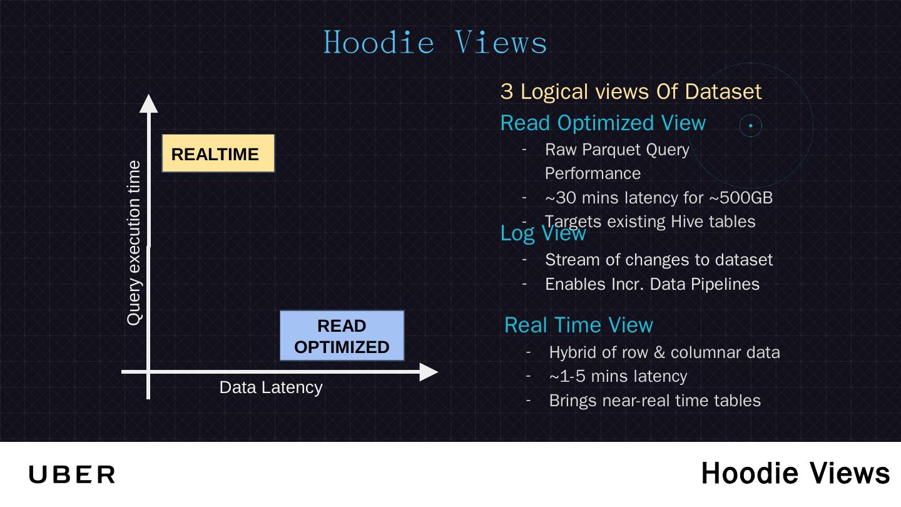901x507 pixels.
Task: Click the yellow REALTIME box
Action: (x=218, y=153)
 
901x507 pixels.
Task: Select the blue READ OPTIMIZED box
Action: (x=342, y=336)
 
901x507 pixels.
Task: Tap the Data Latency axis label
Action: (x=271, y=387)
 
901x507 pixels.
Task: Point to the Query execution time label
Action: (x=134, y=243)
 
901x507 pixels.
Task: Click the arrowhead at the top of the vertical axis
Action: (x=148, y=103)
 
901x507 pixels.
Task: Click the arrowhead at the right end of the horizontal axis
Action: (x=429, y=372)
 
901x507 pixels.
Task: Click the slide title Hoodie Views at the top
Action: (x=435, y=42)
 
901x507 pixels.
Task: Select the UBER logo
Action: (x=72, y=474)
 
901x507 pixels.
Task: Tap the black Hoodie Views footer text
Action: (x=795, y=473)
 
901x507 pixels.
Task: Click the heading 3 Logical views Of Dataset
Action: (x=631, y=91)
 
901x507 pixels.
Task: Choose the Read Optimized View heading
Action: (x=603, y=123)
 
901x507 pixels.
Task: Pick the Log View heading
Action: (x=543, y=233)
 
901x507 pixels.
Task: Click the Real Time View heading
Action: (x=578, y=325)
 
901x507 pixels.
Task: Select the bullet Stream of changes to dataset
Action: (x=659, y=260)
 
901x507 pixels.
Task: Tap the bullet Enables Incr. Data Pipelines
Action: (x=652, y=284)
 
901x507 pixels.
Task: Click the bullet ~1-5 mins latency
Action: (x=618, y=376)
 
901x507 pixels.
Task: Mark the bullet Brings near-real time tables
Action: (x=654, y=401)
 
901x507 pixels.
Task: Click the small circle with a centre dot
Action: (x=750, y=126)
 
